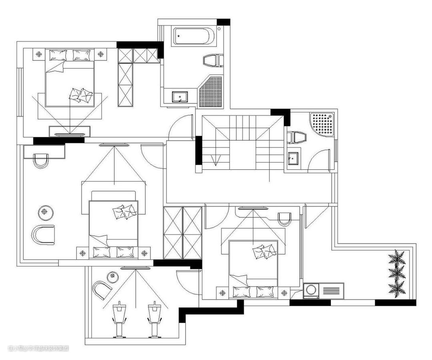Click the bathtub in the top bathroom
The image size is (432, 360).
(x=194, y=36)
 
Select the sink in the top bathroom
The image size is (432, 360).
(x=180, y=97)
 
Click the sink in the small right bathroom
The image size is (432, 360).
(x=293, y=158)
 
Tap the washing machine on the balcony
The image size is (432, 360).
(x=311, y=291)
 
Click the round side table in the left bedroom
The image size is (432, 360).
(x=46, y=212)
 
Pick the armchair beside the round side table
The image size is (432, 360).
(x=43, y=235)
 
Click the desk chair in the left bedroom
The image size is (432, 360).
(x=41, y=161)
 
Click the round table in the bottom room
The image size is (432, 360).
(x=112, y=277)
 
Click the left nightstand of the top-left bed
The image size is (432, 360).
(x=39, y=53)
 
